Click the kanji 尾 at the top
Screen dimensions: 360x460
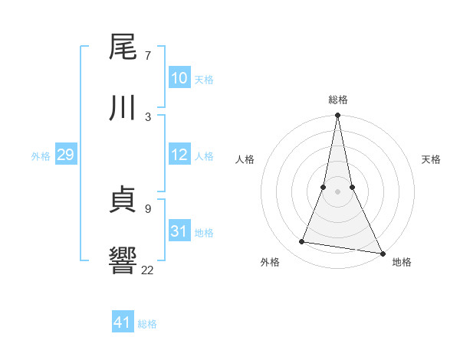click(123, 47)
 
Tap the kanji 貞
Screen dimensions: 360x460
click(123, 199)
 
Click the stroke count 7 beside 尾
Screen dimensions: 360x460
click(147, 56)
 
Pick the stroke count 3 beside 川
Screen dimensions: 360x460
click(147, 116)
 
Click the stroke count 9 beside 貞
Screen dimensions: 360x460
click(147, 208)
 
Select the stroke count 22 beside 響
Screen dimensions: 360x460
click(147, 269)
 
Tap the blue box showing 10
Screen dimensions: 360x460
click(179, 78)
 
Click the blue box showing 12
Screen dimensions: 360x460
click(179, 155)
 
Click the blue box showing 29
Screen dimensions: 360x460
click(65, 155)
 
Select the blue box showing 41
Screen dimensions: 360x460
click(123, 322)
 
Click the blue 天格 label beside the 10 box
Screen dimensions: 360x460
click(203, 80)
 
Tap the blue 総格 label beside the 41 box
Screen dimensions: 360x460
click(147, 324)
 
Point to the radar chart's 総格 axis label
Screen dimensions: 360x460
click(337, 100)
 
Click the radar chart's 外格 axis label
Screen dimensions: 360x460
click(270, 262)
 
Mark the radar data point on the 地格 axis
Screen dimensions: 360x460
click(382, 253)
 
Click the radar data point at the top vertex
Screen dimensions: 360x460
click(337, 116)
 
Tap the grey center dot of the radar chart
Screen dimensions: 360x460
click(337, 191)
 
